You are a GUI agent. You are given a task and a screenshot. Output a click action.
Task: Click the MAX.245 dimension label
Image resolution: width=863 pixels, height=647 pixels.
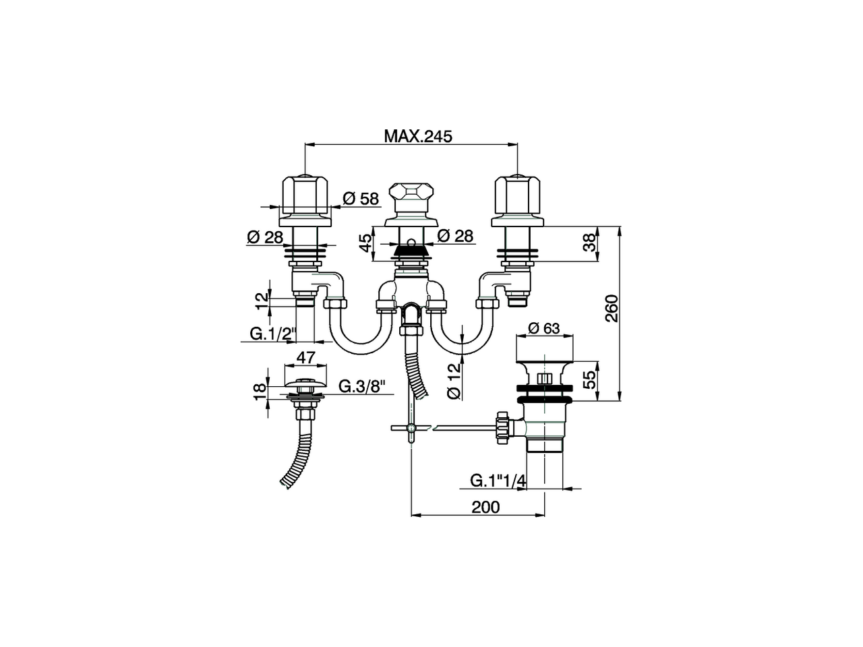click(417, 135)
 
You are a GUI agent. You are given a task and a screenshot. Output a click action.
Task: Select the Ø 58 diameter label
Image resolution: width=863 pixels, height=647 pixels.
click(361, 198)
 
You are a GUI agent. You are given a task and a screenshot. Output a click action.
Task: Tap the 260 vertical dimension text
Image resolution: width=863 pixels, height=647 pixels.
click(611, 309)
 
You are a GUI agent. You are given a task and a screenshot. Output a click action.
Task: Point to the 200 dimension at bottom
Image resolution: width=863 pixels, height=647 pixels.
click(485, 507)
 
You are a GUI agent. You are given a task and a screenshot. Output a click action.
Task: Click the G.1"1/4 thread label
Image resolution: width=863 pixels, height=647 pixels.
click(498, 480)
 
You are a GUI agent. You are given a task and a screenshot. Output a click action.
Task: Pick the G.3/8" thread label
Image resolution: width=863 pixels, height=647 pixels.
click(361, 386)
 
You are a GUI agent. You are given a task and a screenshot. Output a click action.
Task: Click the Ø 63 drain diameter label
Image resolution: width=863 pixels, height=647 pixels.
click(544, 328)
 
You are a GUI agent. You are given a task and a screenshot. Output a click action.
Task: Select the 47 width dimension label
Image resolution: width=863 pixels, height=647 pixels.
click(306, 357)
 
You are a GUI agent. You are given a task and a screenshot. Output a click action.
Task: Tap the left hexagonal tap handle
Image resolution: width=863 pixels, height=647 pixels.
click(305, 195)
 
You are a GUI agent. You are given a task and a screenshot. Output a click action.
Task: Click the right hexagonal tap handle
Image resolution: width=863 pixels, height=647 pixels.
click(517, 195)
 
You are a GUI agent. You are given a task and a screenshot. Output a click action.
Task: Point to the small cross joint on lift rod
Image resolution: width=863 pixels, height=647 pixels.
click(410, 427)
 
